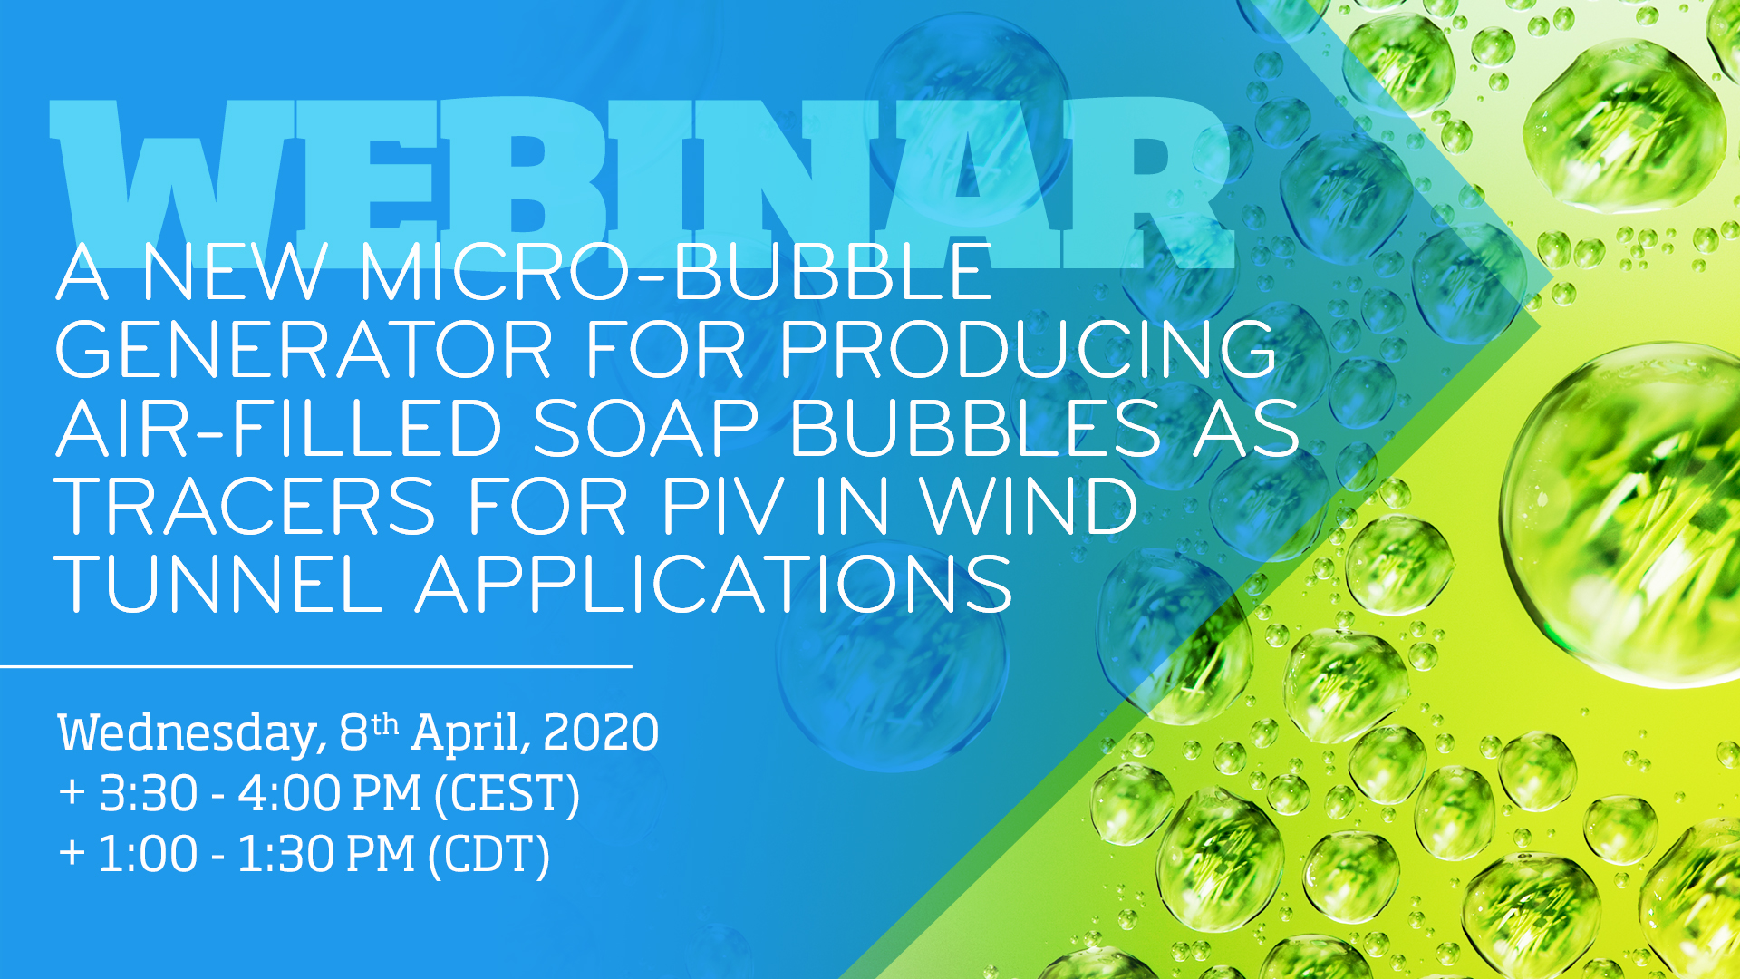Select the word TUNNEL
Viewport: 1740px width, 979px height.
[219, 584]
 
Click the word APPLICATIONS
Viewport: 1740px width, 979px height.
[714, 584]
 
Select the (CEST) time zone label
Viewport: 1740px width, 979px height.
[507, 795]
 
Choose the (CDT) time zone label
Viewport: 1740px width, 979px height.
[489, 856]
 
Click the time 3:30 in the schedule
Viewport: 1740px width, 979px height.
[149, 794]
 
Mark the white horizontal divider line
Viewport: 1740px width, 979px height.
[315, 666]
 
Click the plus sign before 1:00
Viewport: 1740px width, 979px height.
[72, 853]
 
